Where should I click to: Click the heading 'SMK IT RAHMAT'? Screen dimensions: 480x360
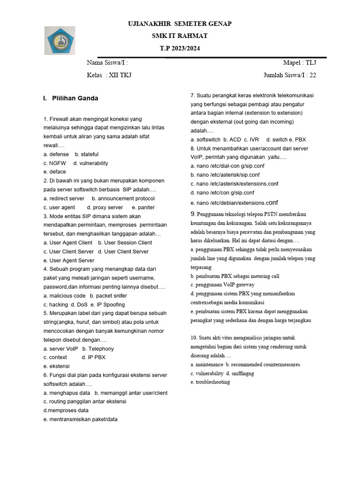[180, 36]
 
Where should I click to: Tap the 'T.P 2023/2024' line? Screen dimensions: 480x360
[180, 49]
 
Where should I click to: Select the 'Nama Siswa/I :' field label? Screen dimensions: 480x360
[107, 62]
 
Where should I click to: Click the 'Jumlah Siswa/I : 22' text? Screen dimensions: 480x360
[290, 75]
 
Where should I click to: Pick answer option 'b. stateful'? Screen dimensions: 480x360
[87, 154]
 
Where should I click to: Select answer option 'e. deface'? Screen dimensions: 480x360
[55, 172]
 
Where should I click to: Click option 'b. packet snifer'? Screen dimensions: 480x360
[108, 296]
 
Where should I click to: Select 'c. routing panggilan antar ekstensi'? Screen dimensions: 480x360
[85, 401]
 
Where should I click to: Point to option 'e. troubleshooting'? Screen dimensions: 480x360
[210, 382]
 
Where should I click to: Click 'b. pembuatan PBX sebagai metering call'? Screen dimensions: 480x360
[235, 276]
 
